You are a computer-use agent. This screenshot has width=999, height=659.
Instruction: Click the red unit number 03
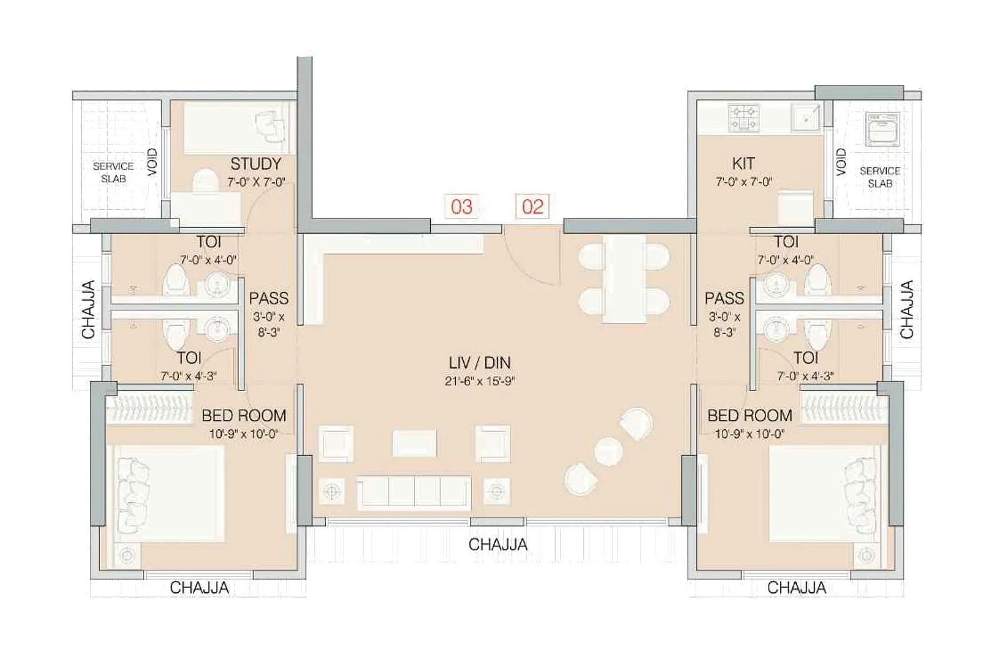coord(461,207)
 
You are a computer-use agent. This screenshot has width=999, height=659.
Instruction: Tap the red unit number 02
coord(533,207)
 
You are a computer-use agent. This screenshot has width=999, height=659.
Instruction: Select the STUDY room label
coord(255,164)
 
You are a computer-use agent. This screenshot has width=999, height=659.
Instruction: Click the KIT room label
coord(743,164)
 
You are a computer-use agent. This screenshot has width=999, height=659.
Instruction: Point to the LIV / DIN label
coord(480,363)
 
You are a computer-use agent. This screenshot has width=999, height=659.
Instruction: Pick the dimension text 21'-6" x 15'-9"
coord(480,381)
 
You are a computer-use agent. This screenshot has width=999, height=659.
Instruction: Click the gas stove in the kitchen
coord(744,118)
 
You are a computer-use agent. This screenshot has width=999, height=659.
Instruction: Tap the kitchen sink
coord(806,117)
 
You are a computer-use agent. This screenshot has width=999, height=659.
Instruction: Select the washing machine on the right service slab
coord(882,129)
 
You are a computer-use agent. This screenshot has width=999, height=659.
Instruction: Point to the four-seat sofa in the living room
coord(413,492)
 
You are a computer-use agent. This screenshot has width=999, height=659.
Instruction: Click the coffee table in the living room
coord(414,443)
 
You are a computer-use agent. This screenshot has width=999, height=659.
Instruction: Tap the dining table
coord(624,279)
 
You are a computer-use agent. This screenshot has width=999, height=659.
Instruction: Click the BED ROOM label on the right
coord(749,416)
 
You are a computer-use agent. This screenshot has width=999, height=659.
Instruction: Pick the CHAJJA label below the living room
coord(498,545)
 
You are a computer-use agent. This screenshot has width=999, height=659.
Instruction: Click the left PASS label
coord(268,299)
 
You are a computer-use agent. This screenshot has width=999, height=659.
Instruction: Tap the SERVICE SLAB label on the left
coord(113,172)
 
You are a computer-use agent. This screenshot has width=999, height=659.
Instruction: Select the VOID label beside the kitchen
coord(841,161)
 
